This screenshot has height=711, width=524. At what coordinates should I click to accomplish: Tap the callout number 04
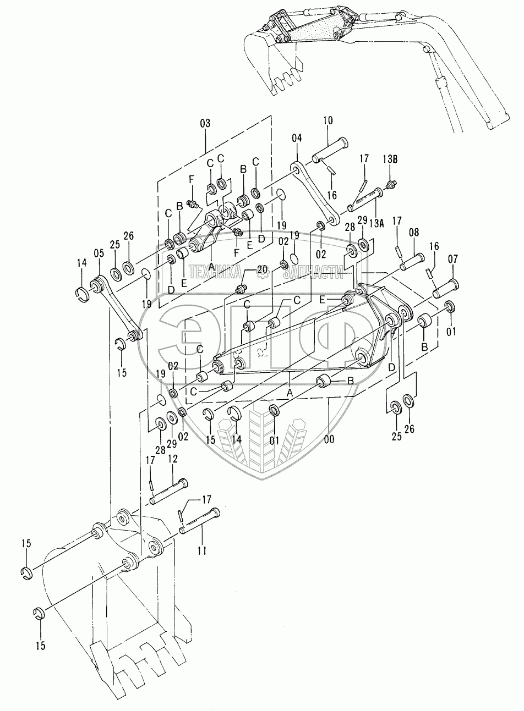(297, 137)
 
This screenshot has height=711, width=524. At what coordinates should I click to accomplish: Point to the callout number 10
(327, 120)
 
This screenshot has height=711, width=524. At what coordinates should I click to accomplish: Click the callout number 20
(261, 269)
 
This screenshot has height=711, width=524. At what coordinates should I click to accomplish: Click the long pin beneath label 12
(168, 492)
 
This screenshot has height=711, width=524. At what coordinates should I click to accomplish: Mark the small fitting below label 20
(240, 288)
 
